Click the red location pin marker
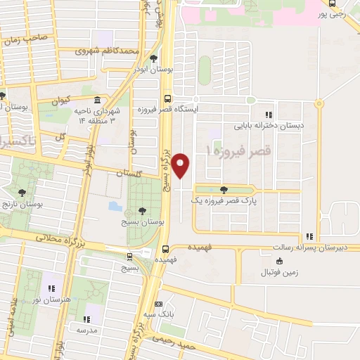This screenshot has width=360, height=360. click(x=181, y=166)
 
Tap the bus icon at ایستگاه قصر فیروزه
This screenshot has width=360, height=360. click(x=167, y=98)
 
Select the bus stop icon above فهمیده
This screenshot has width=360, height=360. click(x=166, y=248)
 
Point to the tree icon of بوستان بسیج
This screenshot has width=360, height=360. click(x=143, y=210)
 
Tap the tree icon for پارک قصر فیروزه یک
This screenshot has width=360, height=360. click(x=224, y=189)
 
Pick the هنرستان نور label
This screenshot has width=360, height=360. click(x=51, y=300)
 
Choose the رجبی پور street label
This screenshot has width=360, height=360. click(x=333, y=14)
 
